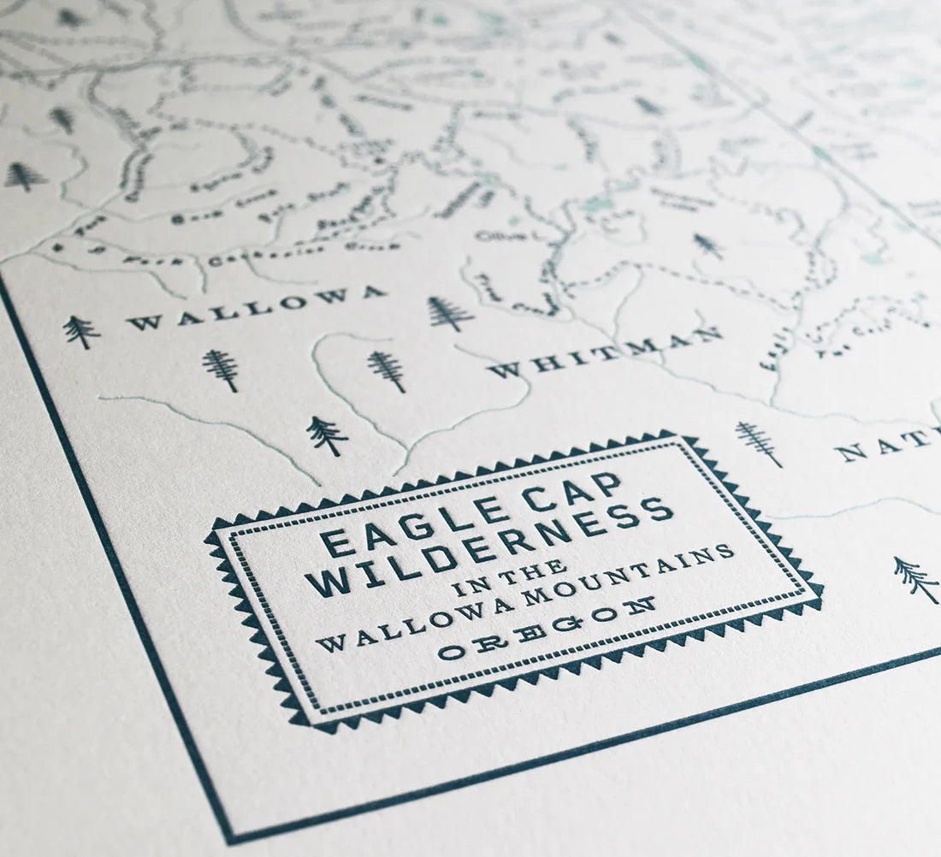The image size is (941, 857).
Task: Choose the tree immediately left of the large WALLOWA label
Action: [x=80, y=331]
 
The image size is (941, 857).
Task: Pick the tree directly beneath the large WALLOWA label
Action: [x=221, y=369]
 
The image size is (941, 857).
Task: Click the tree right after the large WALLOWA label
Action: [x=449, y=313]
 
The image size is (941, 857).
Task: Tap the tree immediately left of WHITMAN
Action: [x=387, y=370]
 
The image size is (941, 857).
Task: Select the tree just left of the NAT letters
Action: [x=759, y=442]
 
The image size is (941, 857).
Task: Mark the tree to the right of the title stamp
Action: [x=914, y=578]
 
